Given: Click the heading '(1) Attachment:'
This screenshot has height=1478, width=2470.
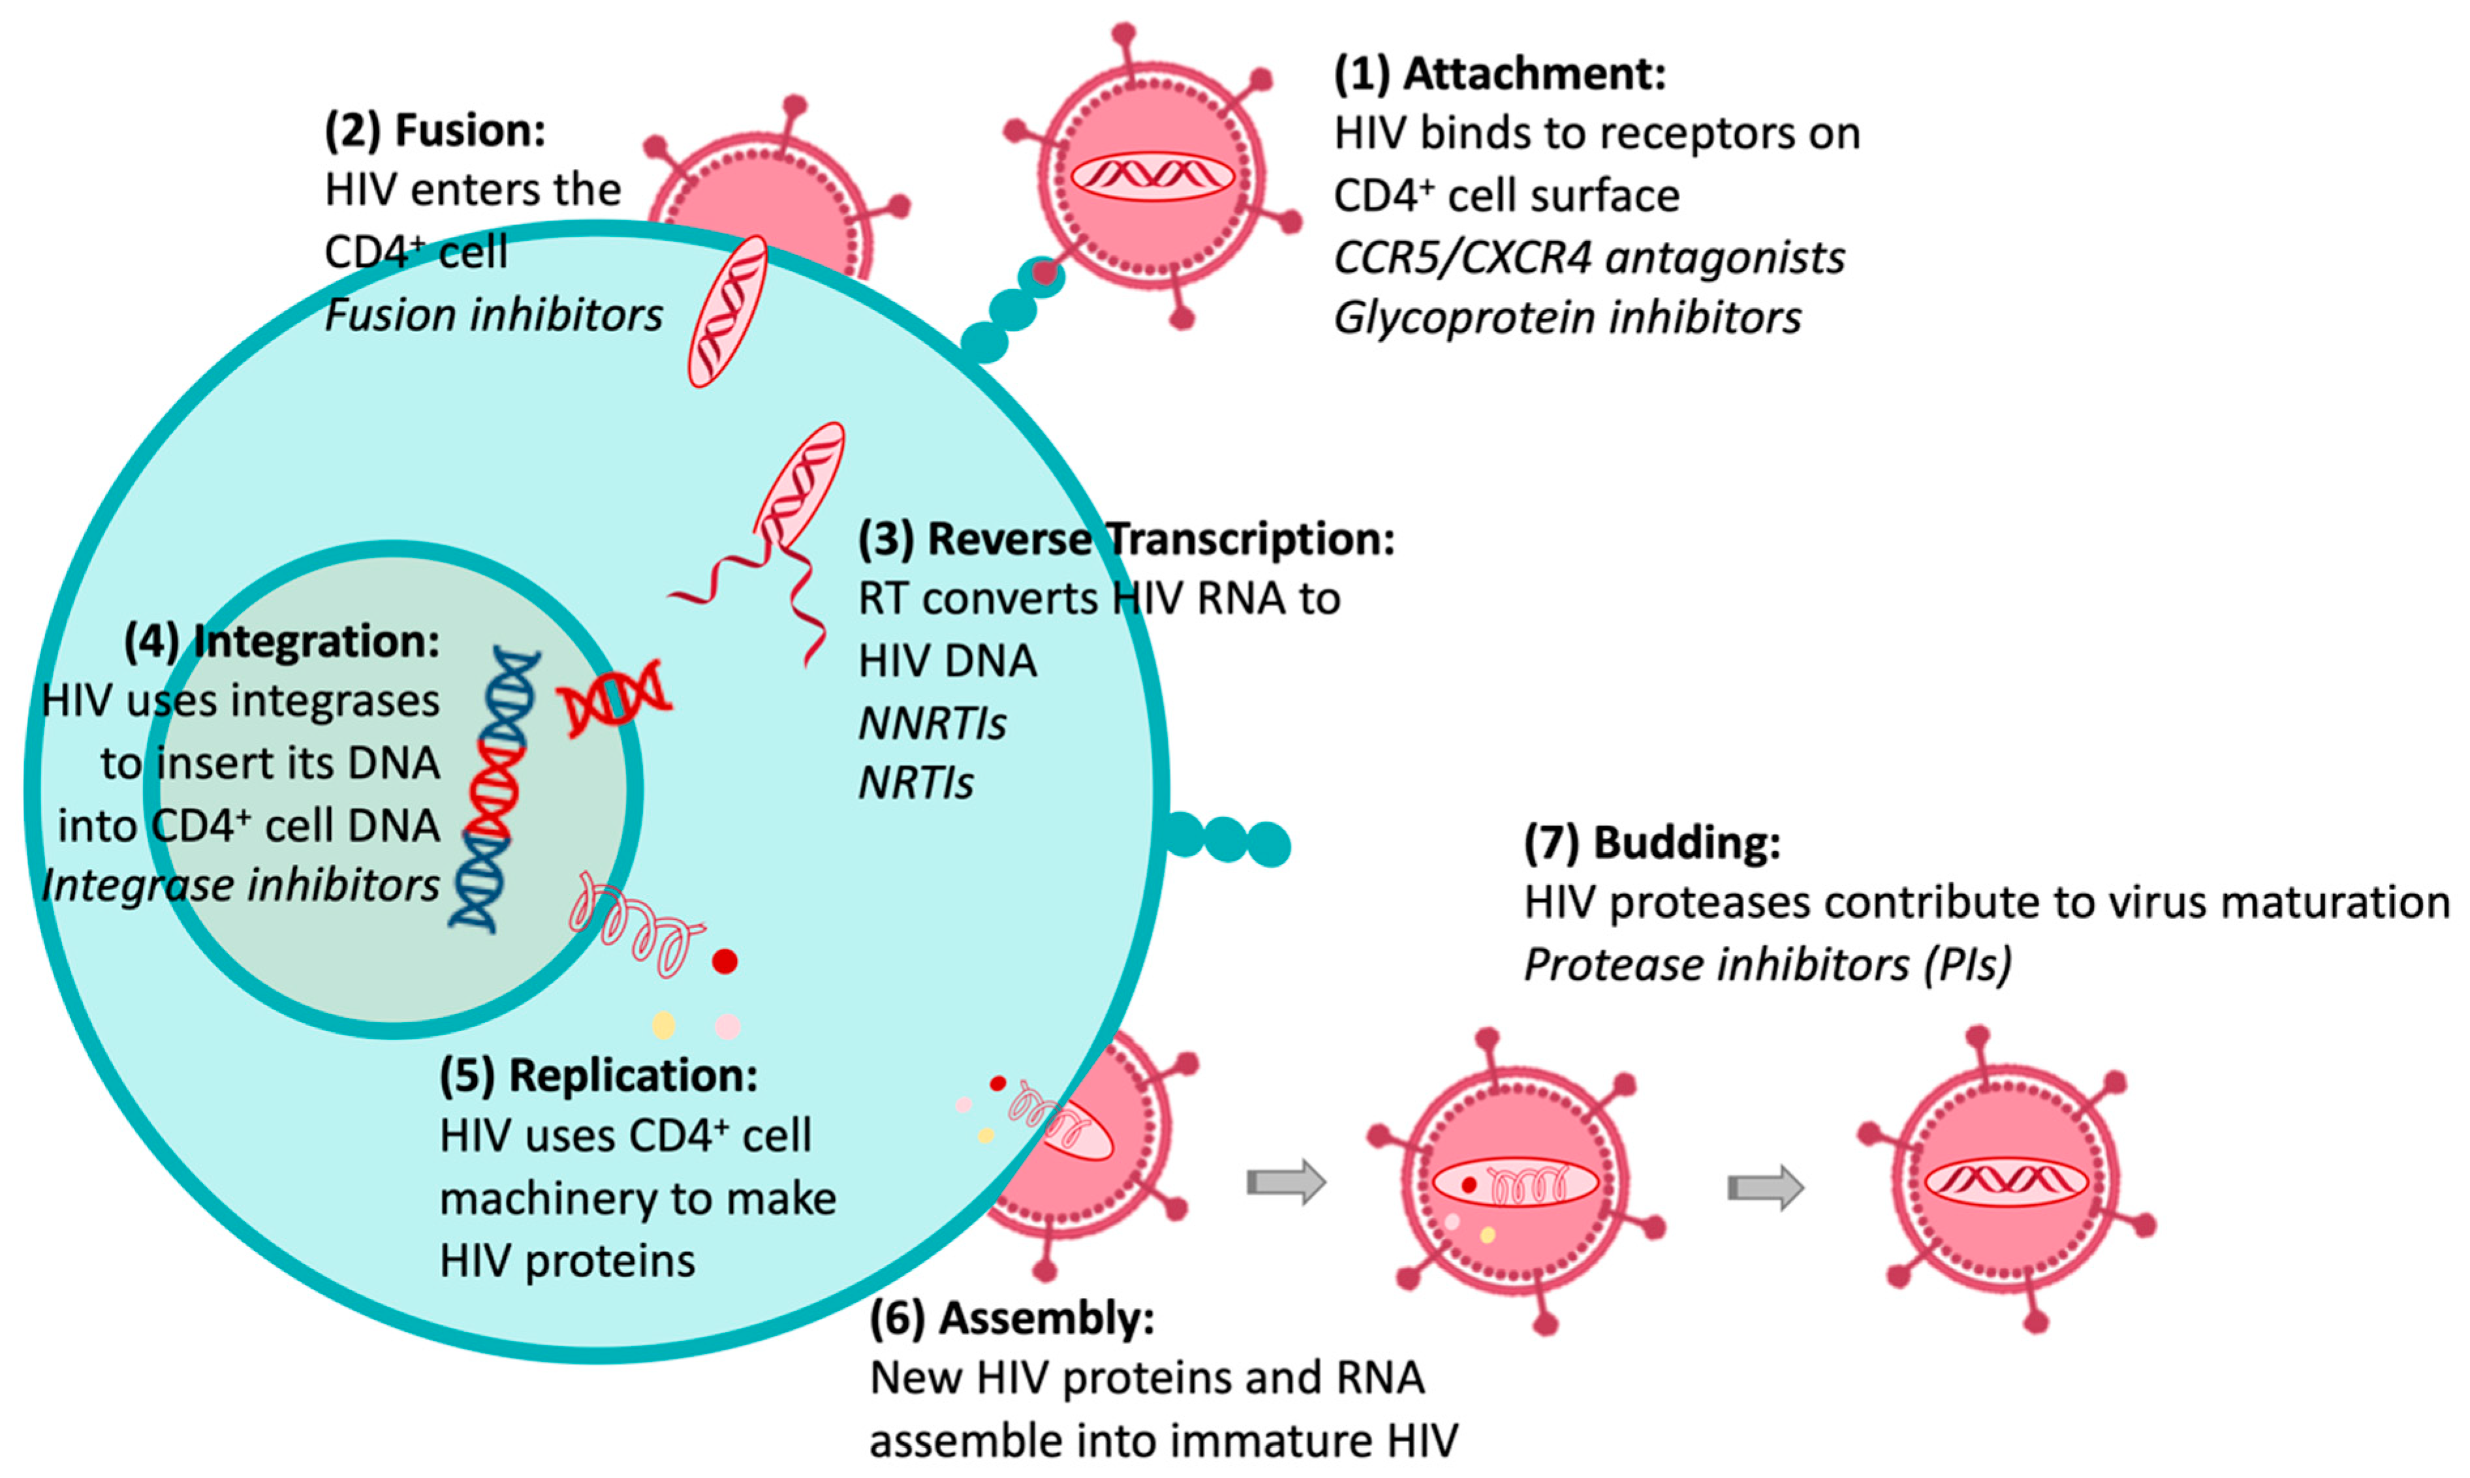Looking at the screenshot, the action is tap(1500, 74).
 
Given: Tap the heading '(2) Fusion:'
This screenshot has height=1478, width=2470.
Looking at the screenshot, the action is tap(435, 131).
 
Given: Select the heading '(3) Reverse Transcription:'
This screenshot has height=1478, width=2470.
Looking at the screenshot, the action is tap(1127, 539).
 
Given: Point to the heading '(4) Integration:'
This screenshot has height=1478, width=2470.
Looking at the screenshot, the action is tap(282, 641).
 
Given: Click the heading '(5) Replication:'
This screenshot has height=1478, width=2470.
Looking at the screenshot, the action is tap(599, 1075).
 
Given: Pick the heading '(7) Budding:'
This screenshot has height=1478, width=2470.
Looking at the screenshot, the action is tap(1652, 842).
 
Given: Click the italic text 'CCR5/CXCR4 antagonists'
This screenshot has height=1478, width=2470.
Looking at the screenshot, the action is tap(1589, 257).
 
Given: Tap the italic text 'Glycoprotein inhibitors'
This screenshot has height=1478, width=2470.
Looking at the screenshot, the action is tap(1568, 318).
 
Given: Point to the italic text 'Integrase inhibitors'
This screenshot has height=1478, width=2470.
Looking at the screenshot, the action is tap(241, 885).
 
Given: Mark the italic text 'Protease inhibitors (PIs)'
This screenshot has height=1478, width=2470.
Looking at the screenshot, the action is tap(1768, 965).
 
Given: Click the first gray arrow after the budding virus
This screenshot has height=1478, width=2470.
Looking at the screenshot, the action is tap(1287, 1182).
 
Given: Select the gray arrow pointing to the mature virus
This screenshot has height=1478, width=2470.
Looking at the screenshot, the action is tap(1766, 1187).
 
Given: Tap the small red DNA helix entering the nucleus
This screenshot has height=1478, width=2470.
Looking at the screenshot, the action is tap(614, 699).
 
